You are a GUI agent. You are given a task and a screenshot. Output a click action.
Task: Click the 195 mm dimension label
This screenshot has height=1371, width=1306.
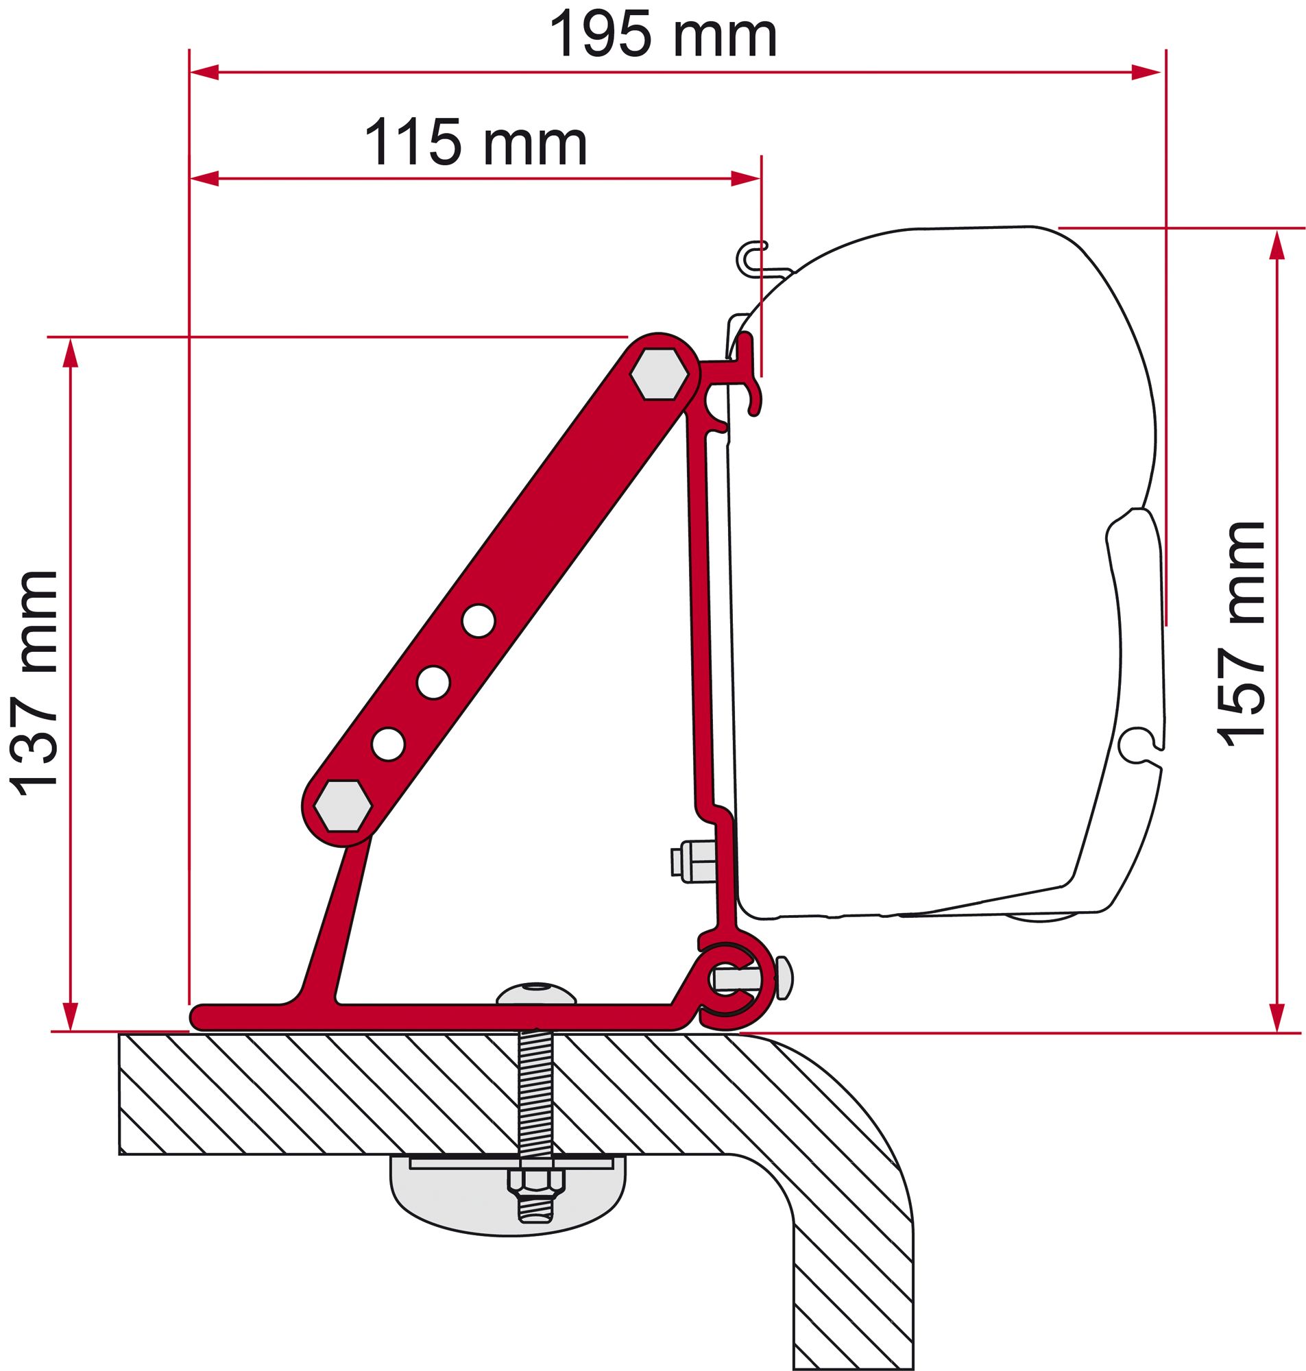click(x=663, y=36)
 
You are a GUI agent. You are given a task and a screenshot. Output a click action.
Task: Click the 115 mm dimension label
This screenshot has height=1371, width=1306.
click(x=476, y=144)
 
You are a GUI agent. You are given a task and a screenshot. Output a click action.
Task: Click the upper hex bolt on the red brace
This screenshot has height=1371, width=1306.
click(x=658, y=374)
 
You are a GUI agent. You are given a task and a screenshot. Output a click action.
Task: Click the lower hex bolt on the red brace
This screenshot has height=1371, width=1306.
click(x=342, y=806)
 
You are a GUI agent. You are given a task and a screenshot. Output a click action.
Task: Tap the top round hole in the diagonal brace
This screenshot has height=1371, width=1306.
click(x=479, y=619)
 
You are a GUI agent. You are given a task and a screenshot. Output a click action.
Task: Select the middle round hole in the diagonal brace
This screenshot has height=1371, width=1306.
click(x=433, y=681)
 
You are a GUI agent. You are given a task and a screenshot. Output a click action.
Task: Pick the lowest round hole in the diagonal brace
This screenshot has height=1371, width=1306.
click(x=388, y=743)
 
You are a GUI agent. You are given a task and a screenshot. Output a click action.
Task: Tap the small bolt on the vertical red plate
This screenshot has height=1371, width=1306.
click(x=692, y=860)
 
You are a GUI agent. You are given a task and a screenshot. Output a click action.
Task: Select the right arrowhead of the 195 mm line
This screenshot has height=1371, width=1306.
click(x=1146, y=72)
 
